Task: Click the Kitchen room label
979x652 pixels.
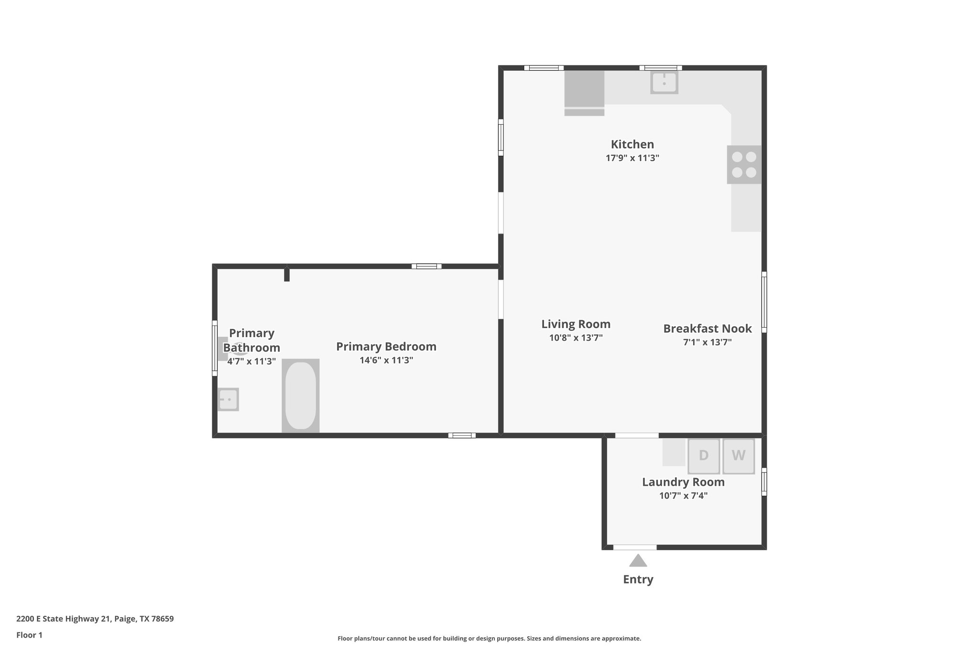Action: (632, 144)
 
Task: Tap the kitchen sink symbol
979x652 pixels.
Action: (664, 82)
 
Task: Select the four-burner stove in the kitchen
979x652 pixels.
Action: (744, 164)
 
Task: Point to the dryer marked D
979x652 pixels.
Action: (703, 456)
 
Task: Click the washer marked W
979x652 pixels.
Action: (738, 456)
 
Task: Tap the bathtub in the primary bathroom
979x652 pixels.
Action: (300, 395)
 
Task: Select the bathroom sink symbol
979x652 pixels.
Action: (228, 399)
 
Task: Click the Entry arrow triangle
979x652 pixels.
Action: (638, 561)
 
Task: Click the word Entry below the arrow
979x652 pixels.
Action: (638, 579)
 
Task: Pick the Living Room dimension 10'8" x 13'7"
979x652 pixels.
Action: (576, 338)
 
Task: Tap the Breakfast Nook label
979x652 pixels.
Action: (707, 329)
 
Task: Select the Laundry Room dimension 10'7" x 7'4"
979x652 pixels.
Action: (683, 495)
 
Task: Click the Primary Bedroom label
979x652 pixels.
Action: (386, 346)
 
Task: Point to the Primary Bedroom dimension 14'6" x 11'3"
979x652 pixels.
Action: (386, 360)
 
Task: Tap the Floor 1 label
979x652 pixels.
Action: (29, 635)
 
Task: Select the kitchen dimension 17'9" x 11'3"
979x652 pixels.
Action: (632, 158)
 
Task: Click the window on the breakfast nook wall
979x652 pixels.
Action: (764, 302)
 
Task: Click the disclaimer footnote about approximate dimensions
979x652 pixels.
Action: (489, 638)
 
